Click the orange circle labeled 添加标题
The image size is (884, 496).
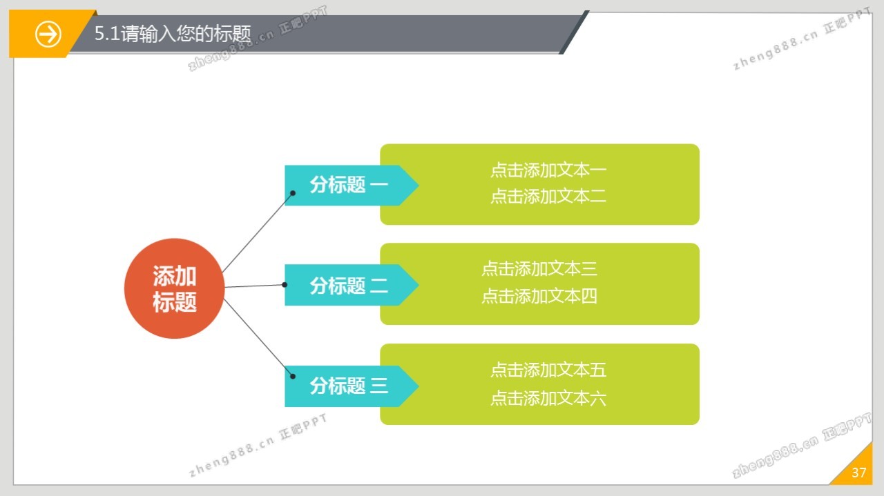(174, 288)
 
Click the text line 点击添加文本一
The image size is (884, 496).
(548, 170)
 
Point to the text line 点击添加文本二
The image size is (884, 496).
(548, 197)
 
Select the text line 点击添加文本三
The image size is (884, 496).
(539, 268)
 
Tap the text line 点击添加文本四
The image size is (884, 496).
(539, 297)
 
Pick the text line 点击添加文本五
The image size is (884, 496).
(548, 370)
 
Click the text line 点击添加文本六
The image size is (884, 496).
(548, 398)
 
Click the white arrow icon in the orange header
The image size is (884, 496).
(48, 34)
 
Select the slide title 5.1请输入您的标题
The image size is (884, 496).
(173, 34)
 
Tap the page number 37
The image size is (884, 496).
(858, 473)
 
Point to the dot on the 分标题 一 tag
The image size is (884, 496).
(293, 193)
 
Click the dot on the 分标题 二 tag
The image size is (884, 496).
(285, 284)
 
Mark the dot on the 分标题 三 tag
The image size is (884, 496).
(293, 377)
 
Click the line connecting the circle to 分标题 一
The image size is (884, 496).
(257, 232)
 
